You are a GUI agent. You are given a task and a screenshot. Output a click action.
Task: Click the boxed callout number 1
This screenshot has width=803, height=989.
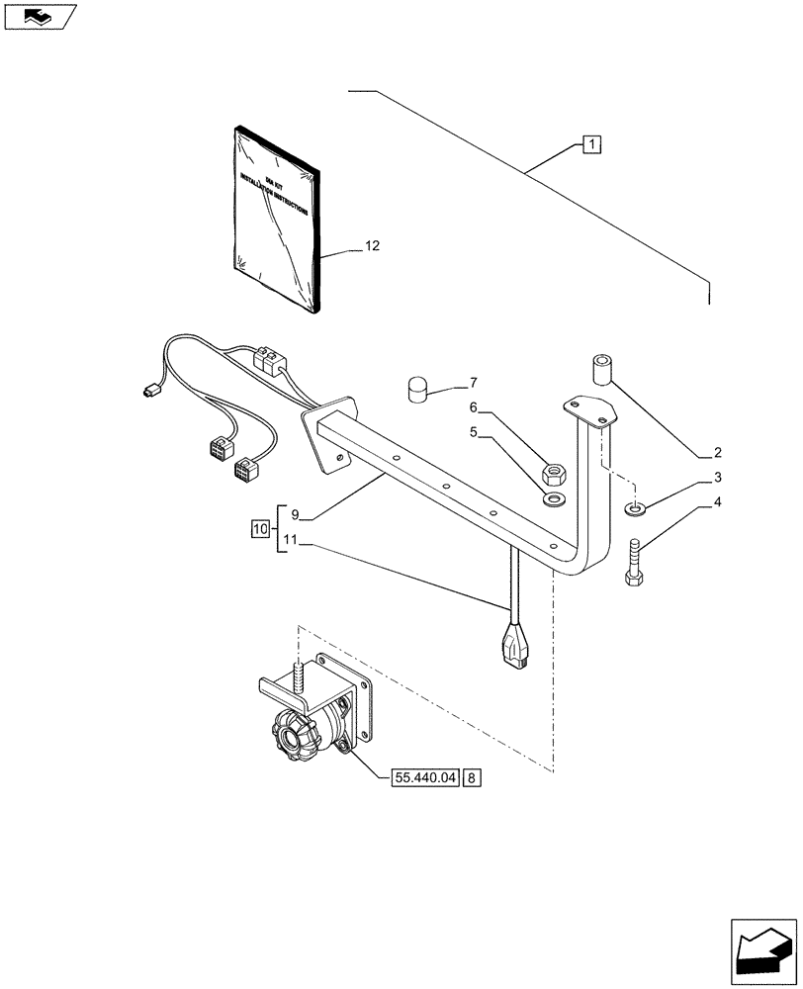[x=590, y=146]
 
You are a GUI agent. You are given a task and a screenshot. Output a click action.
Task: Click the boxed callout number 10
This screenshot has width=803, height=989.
[x=260, y=530]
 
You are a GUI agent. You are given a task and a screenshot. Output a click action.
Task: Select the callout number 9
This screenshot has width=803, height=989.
[x=294, y=514]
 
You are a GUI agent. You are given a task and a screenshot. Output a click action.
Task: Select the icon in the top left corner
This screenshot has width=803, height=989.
[x=39, y=16]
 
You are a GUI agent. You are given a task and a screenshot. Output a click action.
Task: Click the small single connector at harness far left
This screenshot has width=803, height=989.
[x=150, y=391]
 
